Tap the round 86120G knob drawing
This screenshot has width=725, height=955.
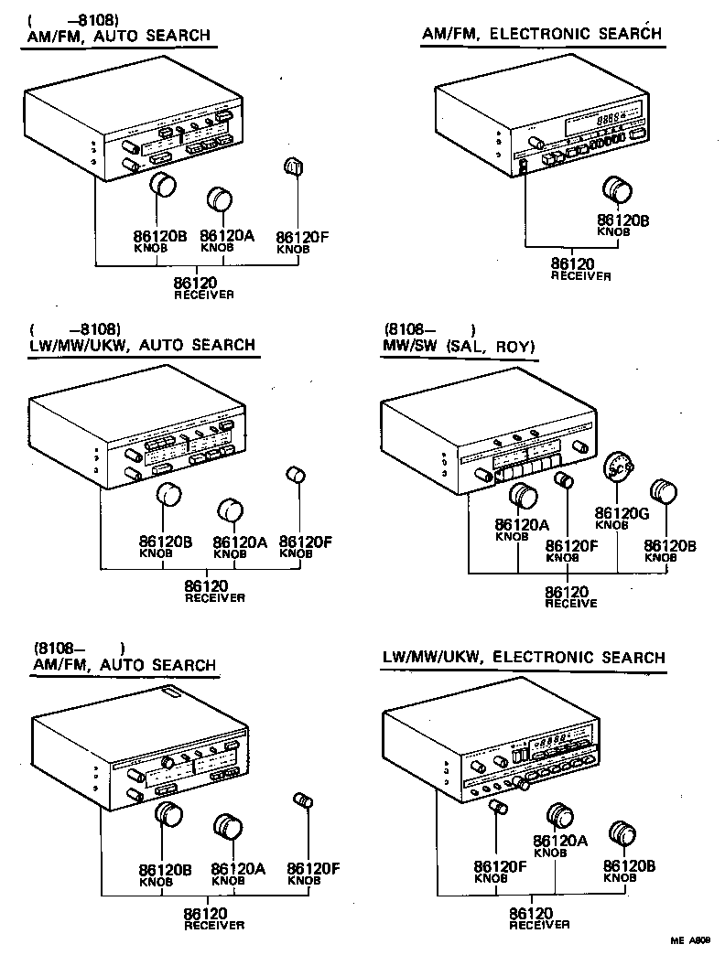tap(617, 468)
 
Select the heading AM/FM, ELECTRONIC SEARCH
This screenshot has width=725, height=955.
tap(541, 34)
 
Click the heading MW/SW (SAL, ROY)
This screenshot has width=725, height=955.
tap(459, 346)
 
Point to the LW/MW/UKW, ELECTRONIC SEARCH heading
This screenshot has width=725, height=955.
tap(523, 657)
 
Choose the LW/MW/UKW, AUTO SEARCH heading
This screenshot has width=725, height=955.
tap(143, 345)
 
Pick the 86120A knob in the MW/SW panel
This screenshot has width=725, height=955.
tap(523, 495)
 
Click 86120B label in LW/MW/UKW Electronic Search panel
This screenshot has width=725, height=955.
tap(627, 865)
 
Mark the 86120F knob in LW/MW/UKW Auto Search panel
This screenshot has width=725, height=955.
tap(297, 473)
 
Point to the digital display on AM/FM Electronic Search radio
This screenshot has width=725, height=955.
tap(605, 119)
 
